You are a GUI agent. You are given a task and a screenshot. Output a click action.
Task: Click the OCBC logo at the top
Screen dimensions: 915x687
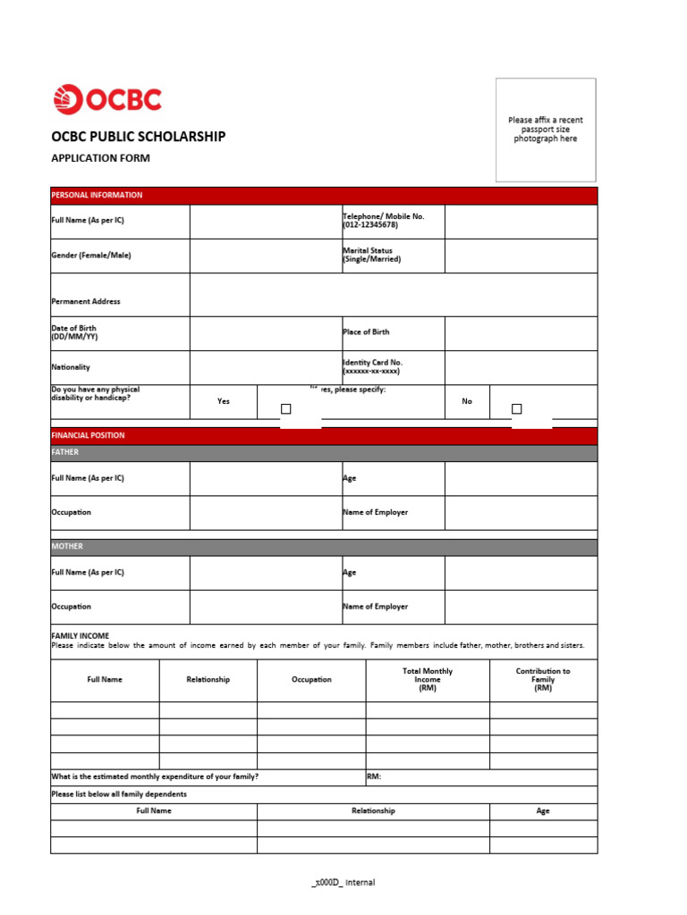point(107,99)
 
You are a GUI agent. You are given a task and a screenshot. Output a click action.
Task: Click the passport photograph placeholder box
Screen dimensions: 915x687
point(546,130)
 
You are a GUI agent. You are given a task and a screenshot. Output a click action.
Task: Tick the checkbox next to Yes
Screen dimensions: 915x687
point(286,409)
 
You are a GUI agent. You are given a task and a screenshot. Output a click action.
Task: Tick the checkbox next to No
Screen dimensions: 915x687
point(516,409)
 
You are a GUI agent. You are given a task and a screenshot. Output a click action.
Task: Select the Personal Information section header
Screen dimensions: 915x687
point(97,195)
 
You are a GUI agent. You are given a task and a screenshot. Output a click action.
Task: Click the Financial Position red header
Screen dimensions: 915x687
point(89,435)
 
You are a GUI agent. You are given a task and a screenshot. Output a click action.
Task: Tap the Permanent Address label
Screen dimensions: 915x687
point(86,301)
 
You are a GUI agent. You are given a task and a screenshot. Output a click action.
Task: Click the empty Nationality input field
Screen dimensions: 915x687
point(265,367)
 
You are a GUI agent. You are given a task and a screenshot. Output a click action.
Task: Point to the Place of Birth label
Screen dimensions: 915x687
point(366,332)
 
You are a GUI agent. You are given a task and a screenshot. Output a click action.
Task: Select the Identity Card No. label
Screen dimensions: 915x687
point(372,366)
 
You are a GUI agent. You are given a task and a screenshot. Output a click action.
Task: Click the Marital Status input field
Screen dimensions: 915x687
point(521,256)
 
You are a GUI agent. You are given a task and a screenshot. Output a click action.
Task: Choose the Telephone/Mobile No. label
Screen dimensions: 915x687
point(383,221)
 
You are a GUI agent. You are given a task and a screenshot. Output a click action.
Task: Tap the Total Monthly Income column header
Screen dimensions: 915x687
point(427,679)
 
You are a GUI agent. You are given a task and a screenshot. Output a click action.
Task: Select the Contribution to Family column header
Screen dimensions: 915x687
point(543,679)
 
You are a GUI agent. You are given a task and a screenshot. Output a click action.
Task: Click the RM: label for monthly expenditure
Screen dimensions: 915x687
point(374,776)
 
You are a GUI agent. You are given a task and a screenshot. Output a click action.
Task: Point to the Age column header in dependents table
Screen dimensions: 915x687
point(543,810)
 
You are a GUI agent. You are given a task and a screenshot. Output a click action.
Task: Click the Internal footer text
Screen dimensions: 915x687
point(343,882)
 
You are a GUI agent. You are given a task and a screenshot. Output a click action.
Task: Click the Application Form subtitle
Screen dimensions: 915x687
point(100,158)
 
